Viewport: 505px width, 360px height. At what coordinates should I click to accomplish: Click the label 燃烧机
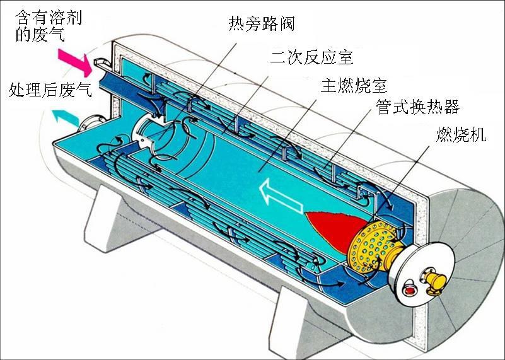click(461, 134)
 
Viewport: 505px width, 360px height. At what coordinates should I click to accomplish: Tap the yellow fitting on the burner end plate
click(434, 281)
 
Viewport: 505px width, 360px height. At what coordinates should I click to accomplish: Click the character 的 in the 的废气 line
click(23, 35)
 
